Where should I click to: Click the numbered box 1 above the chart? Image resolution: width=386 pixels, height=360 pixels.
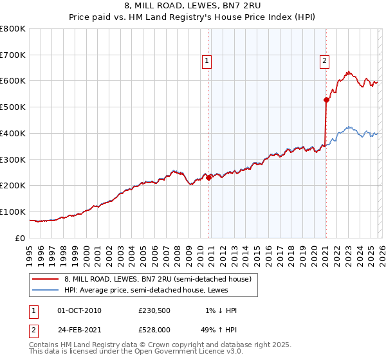click(207, 61)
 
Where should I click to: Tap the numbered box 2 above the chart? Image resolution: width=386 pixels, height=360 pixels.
click(324, 61)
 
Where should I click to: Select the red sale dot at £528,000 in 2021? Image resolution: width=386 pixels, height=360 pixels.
click(326, 100)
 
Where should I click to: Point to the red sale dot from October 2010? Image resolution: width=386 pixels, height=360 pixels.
click(208, 177)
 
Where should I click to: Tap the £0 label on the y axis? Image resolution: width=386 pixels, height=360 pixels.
click(19, 238)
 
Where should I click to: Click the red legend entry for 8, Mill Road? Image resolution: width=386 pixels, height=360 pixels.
click(161, 279)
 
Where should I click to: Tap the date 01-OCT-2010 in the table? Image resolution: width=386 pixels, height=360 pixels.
click(79, 310)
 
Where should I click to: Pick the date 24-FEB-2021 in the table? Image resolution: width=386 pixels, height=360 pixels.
click(79, 330)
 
